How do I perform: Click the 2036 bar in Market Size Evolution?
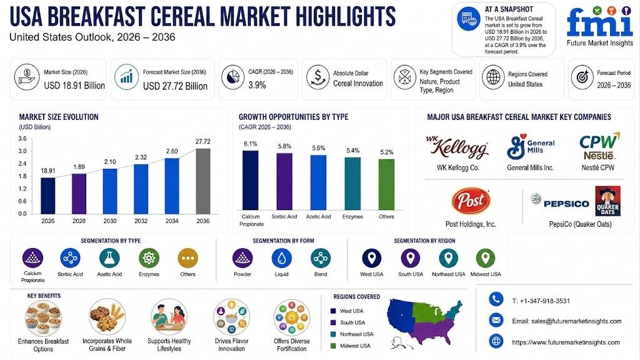point(203,181)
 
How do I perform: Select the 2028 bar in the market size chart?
point(79,194)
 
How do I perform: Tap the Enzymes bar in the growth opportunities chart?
point(352,184)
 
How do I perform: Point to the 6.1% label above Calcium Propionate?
point(251,144)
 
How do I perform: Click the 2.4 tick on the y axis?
point(22,164)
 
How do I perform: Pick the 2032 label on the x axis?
point(141,221)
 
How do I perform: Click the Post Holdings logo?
point(471,201)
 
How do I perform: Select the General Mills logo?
point(531,147)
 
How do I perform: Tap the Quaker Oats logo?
point(607,201)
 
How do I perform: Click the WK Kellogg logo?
point(457,147)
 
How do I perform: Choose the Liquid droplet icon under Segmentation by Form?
point(282,258)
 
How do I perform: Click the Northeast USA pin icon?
point(448,258)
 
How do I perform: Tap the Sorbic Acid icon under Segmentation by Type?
point(70,258)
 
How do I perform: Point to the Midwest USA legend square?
point(333,346)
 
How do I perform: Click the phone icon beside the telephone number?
point(496,299)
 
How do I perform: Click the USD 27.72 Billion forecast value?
point(175,86)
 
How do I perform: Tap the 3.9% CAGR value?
point(257,85)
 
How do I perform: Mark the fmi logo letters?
point(599,23)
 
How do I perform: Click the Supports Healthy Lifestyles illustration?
point(169,317)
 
